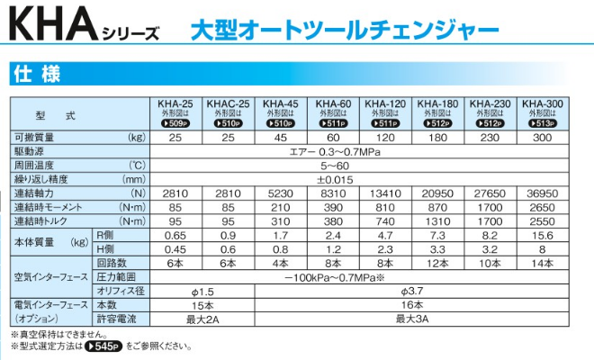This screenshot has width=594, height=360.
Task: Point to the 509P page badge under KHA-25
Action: (x=175, y=123)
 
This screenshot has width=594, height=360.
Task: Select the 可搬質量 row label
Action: (x=36, y=138)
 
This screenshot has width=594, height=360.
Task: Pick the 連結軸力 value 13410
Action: (x=385, y=193)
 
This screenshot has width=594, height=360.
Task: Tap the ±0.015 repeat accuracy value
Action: (x=333, y=179)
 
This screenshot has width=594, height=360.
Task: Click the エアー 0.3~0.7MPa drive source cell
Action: (x=333, y=152)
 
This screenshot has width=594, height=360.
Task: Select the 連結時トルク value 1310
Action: (x=437, y=221)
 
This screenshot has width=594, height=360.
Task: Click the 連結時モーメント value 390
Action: (x=333, y=207)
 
